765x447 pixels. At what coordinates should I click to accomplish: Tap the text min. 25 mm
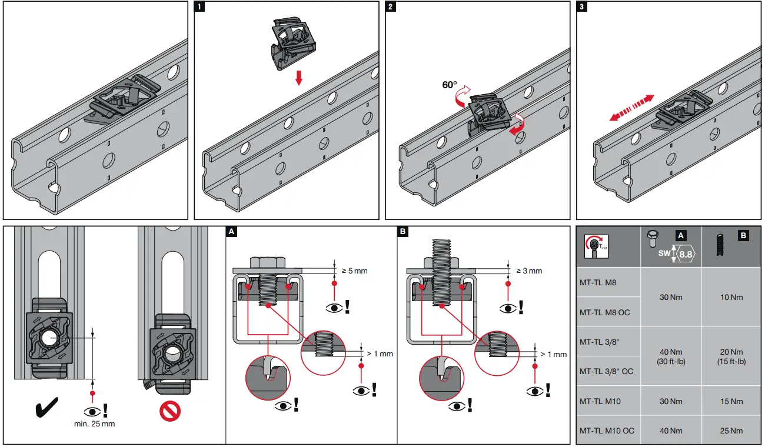[x=94, y=423]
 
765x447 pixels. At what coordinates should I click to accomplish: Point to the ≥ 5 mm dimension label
[x=355, y=271]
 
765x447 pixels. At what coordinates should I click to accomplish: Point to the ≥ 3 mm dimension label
[x=529, y=271]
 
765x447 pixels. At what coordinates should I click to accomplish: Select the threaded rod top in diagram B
[x=443, y=251]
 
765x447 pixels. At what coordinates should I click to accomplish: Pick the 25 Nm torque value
[x=731, y=431]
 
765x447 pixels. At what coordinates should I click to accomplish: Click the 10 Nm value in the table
[x=731, y=297]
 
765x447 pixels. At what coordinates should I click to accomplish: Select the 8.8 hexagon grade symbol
[x=685, y=255]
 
